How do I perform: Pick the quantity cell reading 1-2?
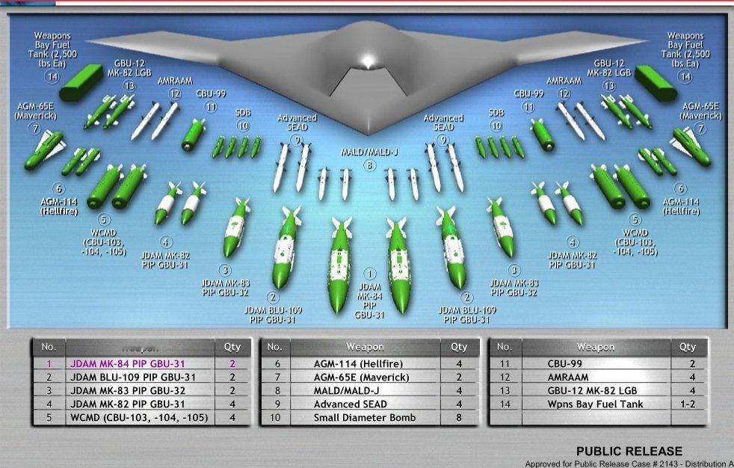687,404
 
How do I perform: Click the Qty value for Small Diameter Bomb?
459,418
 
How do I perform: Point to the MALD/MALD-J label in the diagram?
369,153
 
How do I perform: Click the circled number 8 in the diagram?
369,166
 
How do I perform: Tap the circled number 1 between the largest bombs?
369,274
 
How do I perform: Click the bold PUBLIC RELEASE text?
629,451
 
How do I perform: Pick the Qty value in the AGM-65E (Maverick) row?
459,378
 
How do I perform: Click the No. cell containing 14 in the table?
504,404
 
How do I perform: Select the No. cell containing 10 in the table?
274,418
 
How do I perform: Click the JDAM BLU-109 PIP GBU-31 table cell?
133,378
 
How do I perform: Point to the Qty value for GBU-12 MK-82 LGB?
687,391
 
